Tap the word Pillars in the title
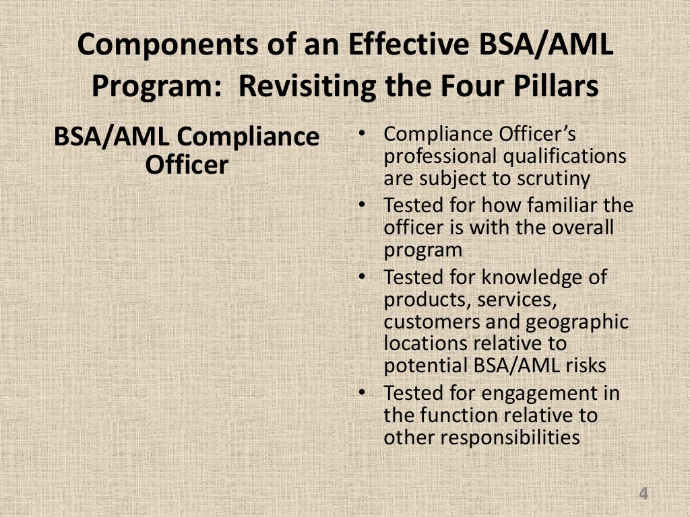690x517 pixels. (552, 87)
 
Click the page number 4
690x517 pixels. (644, 495)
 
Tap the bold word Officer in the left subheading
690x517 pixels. (187, 165)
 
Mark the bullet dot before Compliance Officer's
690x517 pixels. (363, 134)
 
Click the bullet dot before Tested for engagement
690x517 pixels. (363, 392)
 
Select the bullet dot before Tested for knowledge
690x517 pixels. (363, 277)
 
